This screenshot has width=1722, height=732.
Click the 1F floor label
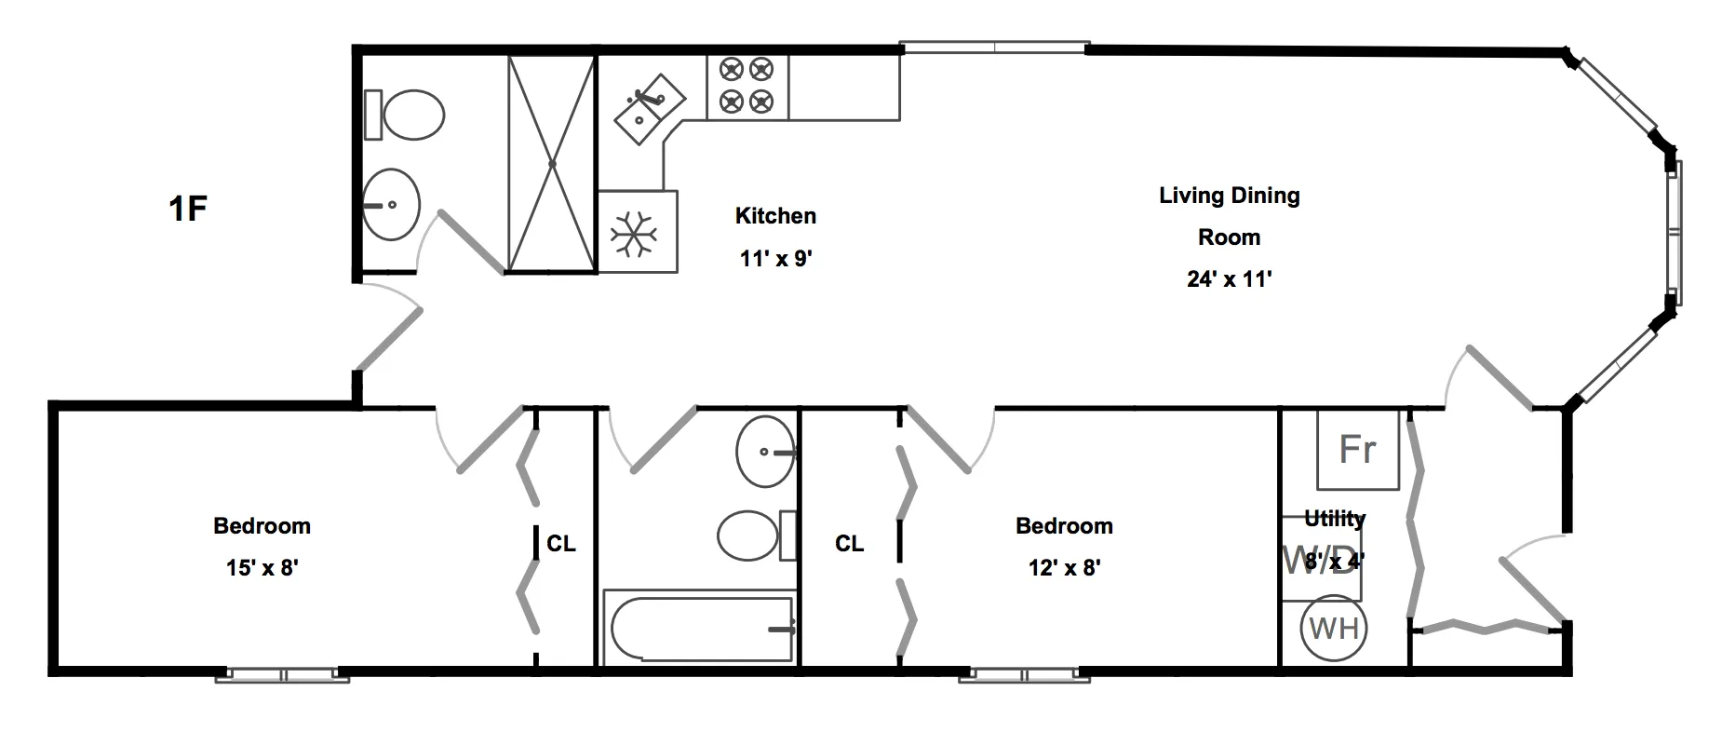tap(187, 208)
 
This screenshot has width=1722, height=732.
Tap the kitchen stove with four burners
tap(747, 86)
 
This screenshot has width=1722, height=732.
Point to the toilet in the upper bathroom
tap(407, 115)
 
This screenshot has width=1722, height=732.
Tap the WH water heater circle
tap(1334, 629)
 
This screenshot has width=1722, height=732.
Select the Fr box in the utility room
tap(1357, 450)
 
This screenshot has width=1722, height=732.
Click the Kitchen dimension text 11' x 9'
tap(776, 258)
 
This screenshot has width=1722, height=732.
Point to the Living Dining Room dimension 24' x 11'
tap(1229, 278)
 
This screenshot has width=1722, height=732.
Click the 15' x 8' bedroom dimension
tap(262, 567)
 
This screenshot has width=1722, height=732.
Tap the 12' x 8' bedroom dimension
tap(1064, 567)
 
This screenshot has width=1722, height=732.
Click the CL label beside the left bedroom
tap(560, 543)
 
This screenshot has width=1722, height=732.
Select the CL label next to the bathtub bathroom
tap(849, 543)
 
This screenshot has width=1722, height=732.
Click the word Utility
tap(1334, 518)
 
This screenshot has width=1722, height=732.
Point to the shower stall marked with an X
tap(551, 164)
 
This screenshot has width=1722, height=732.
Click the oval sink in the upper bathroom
tap(391, 204)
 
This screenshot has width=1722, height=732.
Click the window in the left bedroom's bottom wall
tap(282, 674)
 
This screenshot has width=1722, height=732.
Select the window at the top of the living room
tap(993, 47)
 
